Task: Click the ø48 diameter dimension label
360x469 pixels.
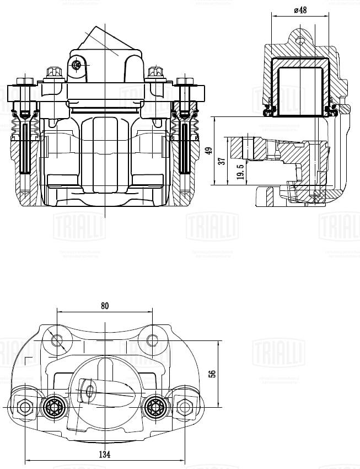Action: point(300,10)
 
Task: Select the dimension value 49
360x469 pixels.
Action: point(208,151)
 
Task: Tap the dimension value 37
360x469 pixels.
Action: point(222,162)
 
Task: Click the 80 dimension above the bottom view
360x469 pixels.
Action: point(105,305)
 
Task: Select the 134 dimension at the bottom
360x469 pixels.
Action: point(105,454)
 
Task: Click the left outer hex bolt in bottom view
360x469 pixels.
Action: point(25,408)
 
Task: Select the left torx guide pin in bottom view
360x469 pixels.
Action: point(54,407)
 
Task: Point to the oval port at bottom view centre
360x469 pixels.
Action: point(90,391)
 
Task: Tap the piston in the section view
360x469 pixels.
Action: point(300,91)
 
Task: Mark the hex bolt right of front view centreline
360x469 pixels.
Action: point(155,72)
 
